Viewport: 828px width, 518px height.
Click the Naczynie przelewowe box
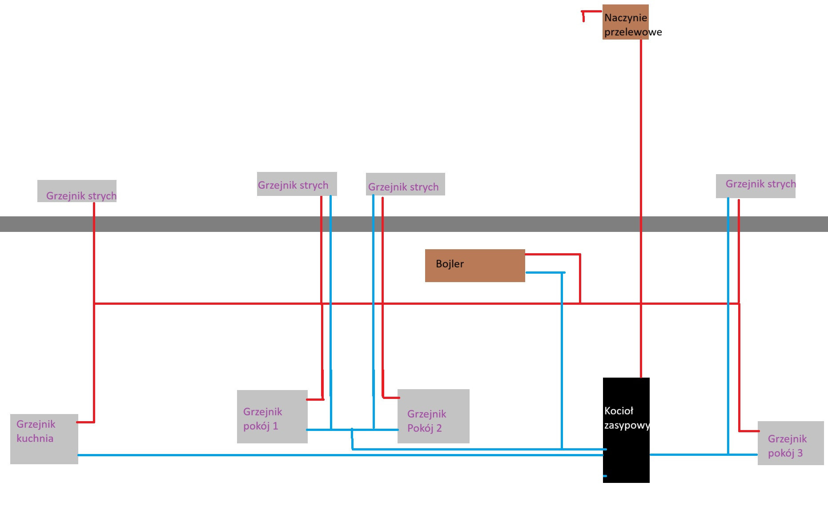point(625,22)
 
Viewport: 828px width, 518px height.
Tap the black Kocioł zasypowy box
point(626,449)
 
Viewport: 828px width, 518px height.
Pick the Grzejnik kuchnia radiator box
point(44,439)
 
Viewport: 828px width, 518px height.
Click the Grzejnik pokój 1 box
point(272,417)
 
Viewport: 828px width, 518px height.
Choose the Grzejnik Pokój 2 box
point(433,416)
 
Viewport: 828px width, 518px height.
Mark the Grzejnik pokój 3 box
point(791,443)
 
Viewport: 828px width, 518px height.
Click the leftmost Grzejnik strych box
point(77,191)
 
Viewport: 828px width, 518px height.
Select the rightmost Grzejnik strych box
point(756,186)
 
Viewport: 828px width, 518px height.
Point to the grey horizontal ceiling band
point(222,224)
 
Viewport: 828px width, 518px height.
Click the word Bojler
point(450,264)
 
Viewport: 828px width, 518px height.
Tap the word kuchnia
point(35,438)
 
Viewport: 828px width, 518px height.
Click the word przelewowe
point(633,32)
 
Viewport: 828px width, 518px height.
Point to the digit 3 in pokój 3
point(800,453)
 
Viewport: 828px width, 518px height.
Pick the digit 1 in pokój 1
point(275,426)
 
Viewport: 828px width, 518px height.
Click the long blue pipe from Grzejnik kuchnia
point(311,455)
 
